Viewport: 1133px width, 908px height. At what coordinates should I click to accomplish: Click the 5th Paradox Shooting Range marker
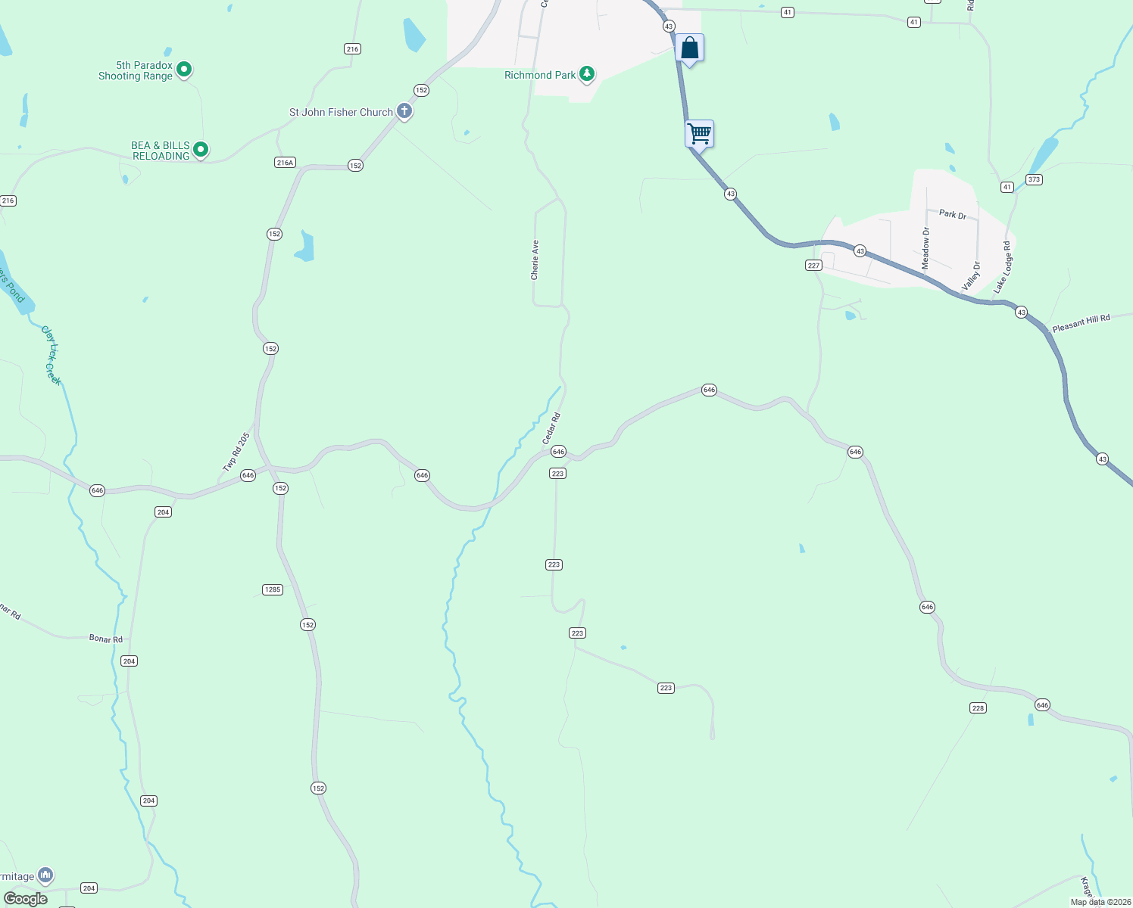pos(184,70)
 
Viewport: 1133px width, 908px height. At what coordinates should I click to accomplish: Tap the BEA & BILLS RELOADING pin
pos(201,150)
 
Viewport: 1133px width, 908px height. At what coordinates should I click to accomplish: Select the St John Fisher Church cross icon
pos(404,112)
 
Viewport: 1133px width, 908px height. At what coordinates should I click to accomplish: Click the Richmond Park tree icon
pos(586,74)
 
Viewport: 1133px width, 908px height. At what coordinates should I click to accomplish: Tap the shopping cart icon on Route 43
pos(700,134)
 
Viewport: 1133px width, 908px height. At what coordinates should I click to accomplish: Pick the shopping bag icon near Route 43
pos(689,48)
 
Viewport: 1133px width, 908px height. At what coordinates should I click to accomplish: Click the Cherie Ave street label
pos(535,260)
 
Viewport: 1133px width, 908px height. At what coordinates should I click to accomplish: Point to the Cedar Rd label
pos(551,428)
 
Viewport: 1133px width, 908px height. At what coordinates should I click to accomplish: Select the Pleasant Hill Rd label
pos(1081,323)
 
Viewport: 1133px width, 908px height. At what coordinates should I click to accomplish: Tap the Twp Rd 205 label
pos(236,452)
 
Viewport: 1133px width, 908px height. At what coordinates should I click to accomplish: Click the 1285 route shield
pos(273,589)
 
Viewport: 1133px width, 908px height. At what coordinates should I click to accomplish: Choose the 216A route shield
pos(285,163)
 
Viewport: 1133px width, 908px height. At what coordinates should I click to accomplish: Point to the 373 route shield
pos(1035,179)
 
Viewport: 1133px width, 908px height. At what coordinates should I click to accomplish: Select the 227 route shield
pos(813,265)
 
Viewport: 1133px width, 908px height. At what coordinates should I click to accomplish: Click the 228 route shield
pos(978,708)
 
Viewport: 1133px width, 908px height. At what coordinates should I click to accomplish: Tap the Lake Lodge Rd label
pos(1003,268)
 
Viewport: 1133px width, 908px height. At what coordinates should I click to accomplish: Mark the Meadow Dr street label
pos(925,248)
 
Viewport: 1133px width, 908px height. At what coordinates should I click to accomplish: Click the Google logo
pos(26,899)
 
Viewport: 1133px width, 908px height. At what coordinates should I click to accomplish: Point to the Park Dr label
pos(953,214)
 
